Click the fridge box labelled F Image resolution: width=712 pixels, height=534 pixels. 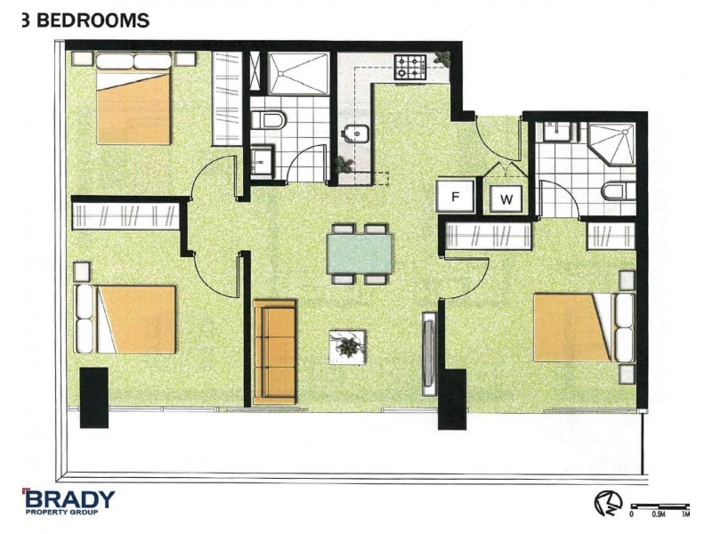tap(455, 196)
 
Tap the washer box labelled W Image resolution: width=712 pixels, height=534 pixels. tap(506, 198)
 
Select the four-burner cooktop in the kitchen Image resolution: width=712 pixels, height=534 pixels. tap(411, 69)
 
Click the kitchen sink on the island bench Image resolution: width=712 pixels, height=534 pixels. tap(357, 133)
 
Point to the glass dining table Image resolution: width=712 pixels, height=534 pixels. tap(359, 255)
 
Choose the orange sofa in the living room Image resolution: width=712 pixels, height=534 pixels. tap(275, 352)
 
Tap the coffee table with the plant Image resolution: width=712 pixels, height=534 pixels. tap(347, 347)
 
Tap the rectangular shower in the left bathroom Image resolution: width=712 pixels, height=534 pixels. tap(298, 74)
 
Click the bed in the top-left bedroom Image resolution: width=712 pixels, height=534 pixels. tap(133, 98)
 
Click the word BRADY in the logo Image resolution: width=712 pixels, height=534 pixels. tap(69, 499)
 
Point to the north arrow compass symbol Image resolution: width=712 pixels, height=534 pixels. tap(608, 504)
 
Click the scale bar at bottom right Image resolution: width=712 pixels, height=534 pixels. tap(660, 506)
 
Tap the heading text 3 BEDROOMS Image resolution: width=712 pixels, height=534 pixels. tap(85, 20)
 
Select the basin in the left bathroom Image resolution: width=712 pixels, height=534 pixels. tap(262, 161)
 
